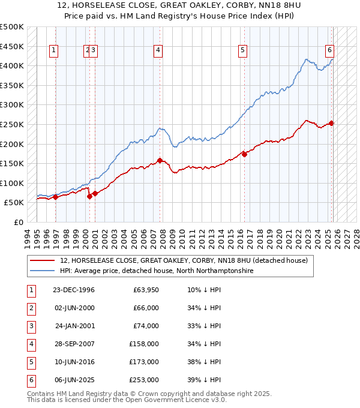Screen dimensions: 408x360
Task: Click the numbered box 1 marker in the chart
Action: click(x=54, y=51)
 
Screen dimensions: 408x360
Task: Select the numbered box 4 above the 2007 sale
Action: click(x=158, y=51)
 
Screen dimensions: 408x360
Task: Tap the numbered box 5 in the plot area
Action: click(x=243, y=51)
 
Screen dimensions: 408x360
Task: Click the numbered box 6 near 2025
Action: click(x=330, y=51)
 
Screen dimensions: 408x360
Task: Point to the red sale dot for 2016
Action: click(x=244, y=154)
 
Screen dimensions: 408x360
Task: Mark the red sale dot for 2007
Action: click(x=160, y=160)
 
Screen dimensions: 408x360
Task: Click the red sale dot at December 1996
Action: click(x=55, y=197)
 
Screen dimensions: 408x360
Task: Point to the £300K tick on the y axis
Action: click(x=12, y=105)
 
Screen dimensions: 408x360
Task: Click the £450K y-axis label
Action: click(x=12, y=46)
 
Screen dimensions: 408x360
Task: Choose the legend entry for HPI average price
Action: click(x=157, y=271)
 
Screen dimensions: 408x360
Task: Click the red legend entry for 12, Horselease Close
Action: click(x=184, y=260)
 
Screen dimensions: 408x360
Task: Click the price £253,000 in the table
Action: click(x=144, y=380)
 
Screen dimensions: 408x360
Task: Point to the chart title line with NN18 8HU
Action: click(x=179, y=6)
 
